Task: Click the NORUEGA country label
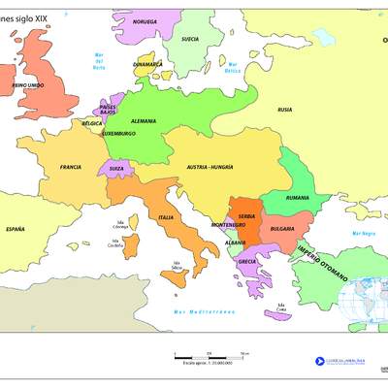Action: (144, 20)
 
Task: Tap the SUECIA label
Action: (191, 39)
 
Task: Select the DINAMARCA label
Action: (148, 64)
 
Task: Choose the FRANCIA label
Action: (70, 167)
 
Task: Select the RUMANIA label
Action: (298, 197)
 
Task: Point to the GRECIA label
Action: (247, 262)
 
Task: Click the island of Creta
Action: (278, 314)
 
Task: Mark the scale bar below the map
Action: (210, 354)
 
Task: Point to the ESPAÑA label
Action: (15, 229)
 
